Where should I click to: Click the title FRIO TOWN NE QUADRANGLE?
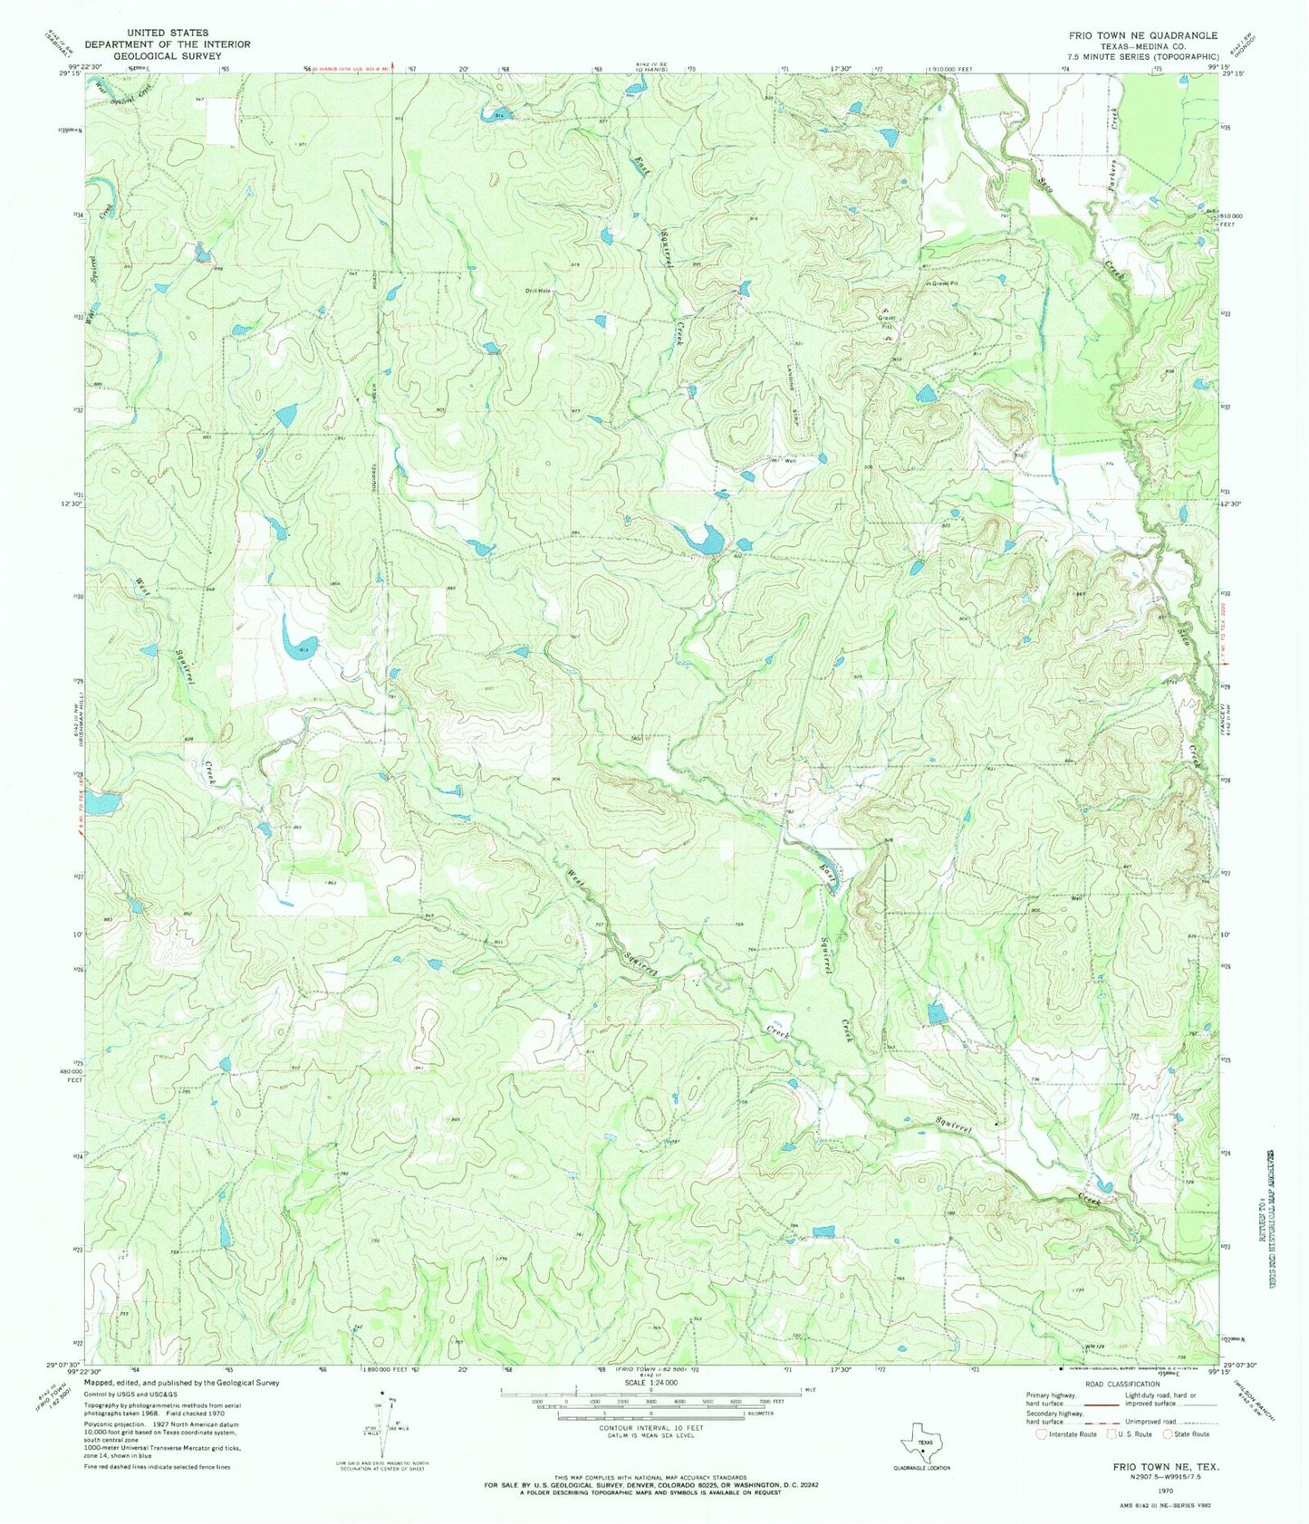(1143, 34)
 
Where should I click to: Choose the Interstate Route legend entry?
(1065, 1433)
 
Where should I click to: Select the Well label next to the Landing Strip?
(791, 461)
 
